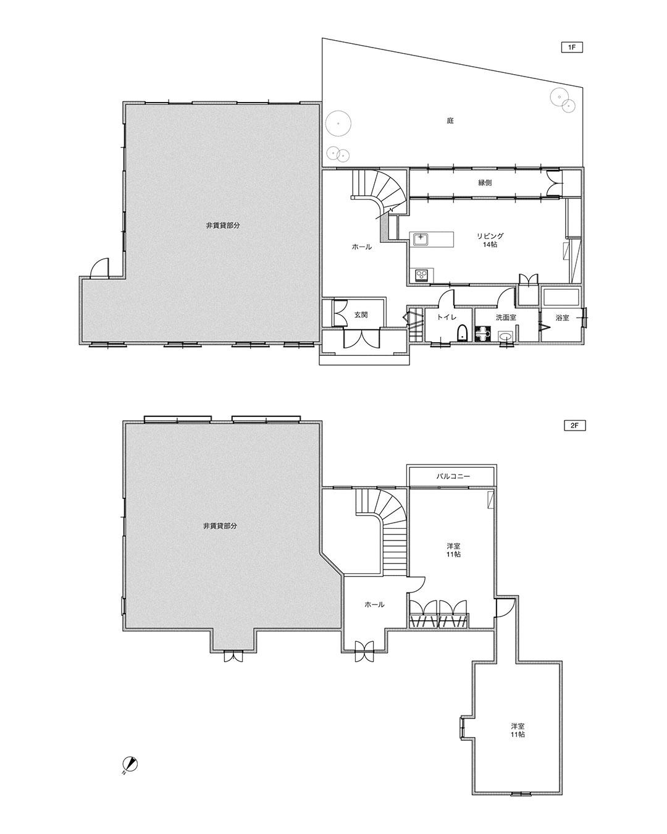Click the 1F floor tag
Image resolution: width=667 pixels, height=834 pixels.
tap(572, 48)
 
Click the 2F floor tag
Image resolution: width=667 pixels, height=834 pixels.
tap(574, 426)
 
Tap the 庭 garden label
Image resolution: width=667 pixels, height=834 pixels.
tap(450, 120)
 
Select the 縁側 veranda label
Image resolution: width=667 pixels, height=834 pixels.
tap(485, 183)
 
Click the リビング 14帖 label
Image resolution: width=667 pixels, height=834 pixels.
tap(490, 240)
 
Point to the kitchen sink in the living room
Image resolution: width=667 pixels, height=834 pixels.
tap(421, 239)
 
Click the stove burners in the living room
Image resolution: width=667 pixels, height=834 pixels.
tap(421, 276)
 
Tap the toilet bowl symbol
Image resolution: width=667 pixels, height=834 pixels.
tap(461, 332)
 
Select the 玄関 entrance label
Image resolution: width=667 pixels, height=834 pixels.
tap(361, 315)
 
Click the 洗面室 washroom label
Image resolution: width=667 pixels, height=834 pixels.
tap(506, 318)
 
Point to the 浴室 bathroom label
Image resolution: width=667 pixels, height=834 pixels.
tap(563, 318)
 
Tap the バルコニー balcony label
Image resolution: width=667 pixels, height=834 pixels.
tap(453, 476)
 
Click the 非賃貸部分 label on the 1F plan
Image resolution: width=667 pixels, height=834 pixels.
tap(223, 225)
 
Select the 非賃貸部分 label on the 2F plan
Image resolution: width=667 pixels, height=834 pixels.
tap(220, 526)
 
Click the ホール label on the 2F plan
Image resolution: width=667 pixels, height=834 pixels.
tap(374, 604)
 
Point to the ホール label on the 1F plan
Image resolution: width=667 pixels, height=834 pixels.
tap(361, 247)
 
